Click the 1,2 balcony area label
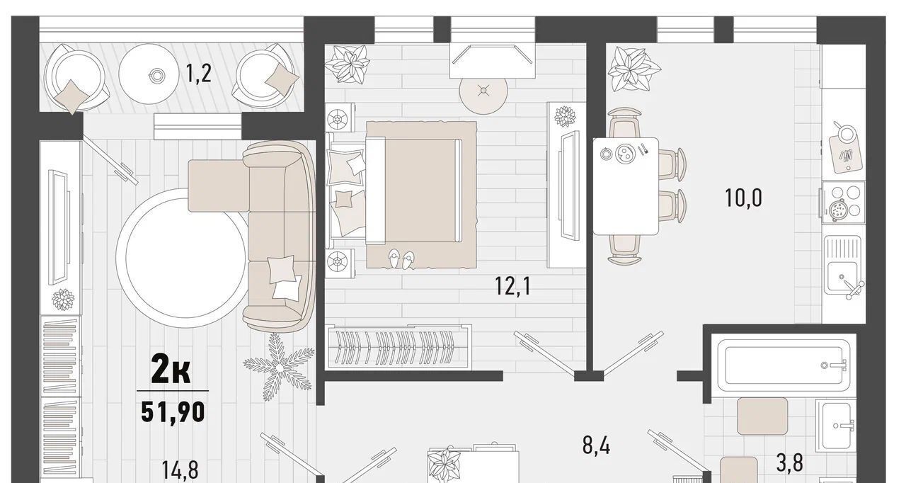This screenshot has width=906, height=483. click(198, 74)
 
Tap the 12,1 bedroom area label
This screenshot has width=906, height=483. click(513, 286)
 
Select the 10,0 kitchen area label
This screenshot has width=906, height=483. click(743, 198)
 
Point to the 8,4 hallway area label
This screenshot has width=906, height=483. click(596, 445)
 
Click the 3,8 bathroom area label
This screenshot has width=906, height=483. click(789, 462)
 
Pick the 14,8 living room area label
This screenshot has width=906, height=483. click(180, 470)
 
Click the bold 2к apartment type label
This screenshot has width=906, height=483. click(171, 368)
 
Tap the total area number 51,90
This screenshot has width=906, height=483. click(173, 412)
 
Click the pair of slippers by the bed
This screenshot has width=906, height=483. click(401, 259)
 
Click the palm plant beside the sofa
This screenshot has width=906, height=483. click(279, 368)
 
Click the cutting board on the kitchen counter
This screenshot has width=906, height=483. click(845, 154)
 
